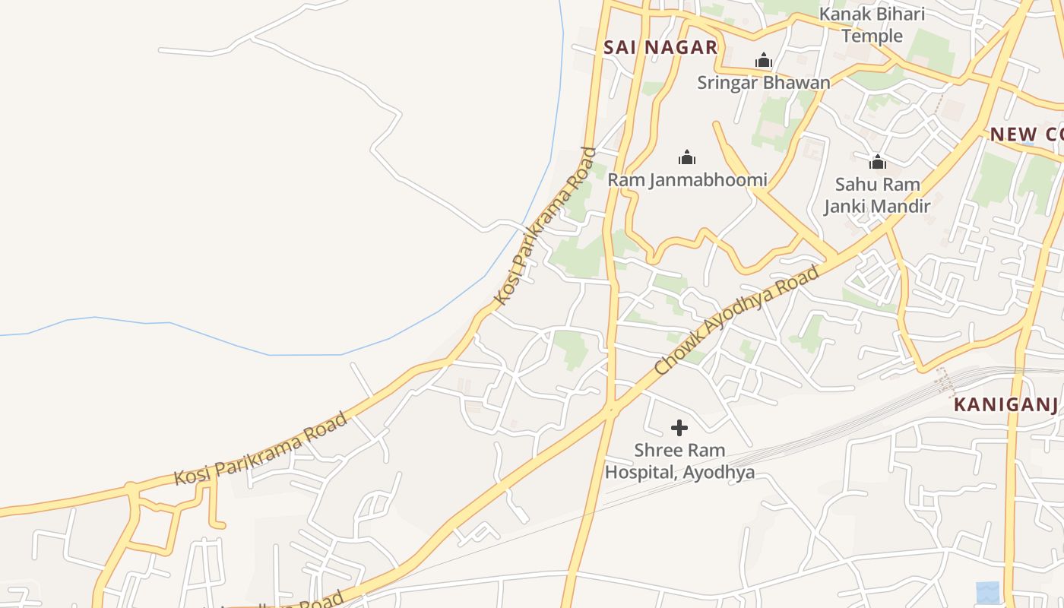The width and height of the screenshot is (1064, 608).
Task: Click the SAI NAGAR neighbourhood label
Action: [660, 47]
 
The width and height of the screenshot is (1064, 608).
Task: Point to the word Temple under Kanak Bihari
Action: [872, 36]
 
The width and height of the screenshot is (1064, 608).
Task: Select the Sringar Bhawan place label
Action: [763, 82]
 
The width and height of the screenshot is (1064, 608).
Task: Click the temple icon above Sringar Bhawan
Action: [763, 61]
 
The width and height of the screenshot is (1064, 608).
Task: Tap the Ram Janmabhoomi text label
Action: [687, 180]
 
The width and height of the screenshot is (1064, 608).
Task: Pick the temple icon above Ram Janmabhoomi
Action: [687, 158]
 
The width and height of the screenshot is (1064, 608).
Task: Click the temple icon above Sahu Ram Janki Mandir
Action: [878, 162]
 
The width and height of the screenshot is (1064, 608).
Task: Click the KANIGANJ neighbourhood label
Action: [1006, 404]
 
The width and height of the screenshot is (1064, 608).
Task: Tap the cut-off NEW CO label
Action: [1026, 135]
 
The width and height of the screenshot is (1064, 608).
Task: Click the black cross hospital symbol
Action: [679, 429]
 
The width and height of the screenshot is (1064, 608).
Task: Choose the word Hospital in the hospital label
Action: [640, 472]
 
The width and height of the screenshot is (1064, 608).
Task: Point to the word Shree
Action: [659, 451]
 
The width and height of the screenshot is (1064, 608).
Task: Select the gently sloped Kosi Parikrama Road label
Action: [261, 449]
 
